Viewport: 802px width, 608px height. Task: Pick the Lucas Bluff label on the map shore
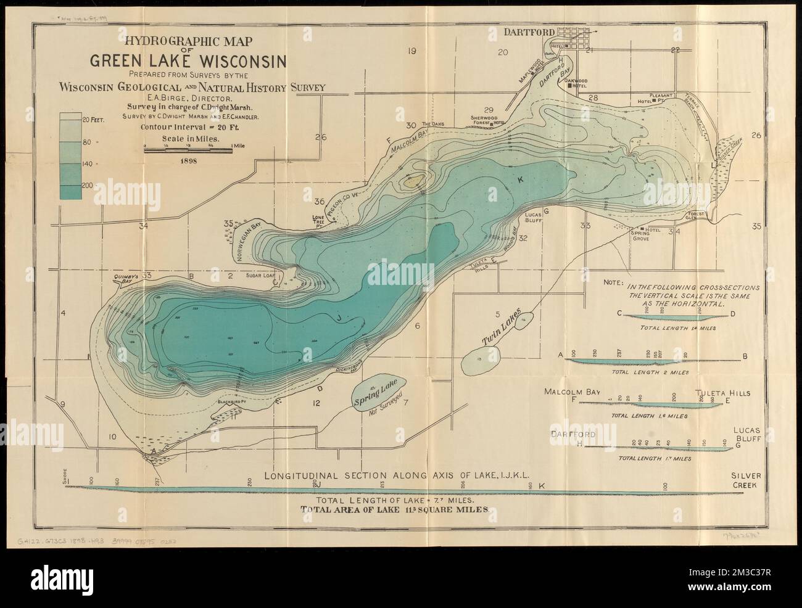[x=532, y=220]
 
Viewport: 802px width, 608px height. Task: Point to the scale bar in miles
[x=188, y=148]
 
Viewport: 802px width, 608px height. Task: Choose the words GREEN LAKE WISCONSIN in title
[x=188, y=60]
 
